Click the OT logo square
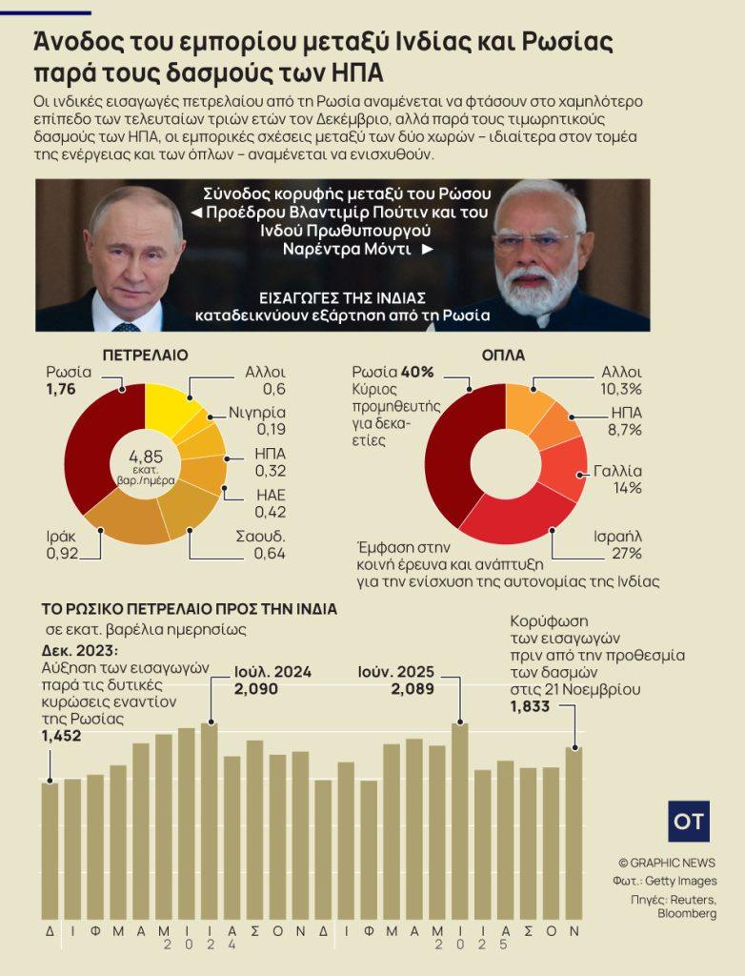click(688, 821)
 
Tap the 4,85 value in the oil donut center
click(145, 455)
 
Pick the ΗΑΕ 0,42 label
click(271, 502)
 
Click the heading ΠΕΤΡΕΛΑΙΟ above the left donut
click(145, 355)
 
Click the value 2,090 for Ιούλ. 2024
click(256, 688)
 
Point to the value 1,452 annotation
click(61, 736)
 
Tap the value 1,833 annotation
click(530, 706)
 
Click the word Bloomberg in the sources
click(687, 913)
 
